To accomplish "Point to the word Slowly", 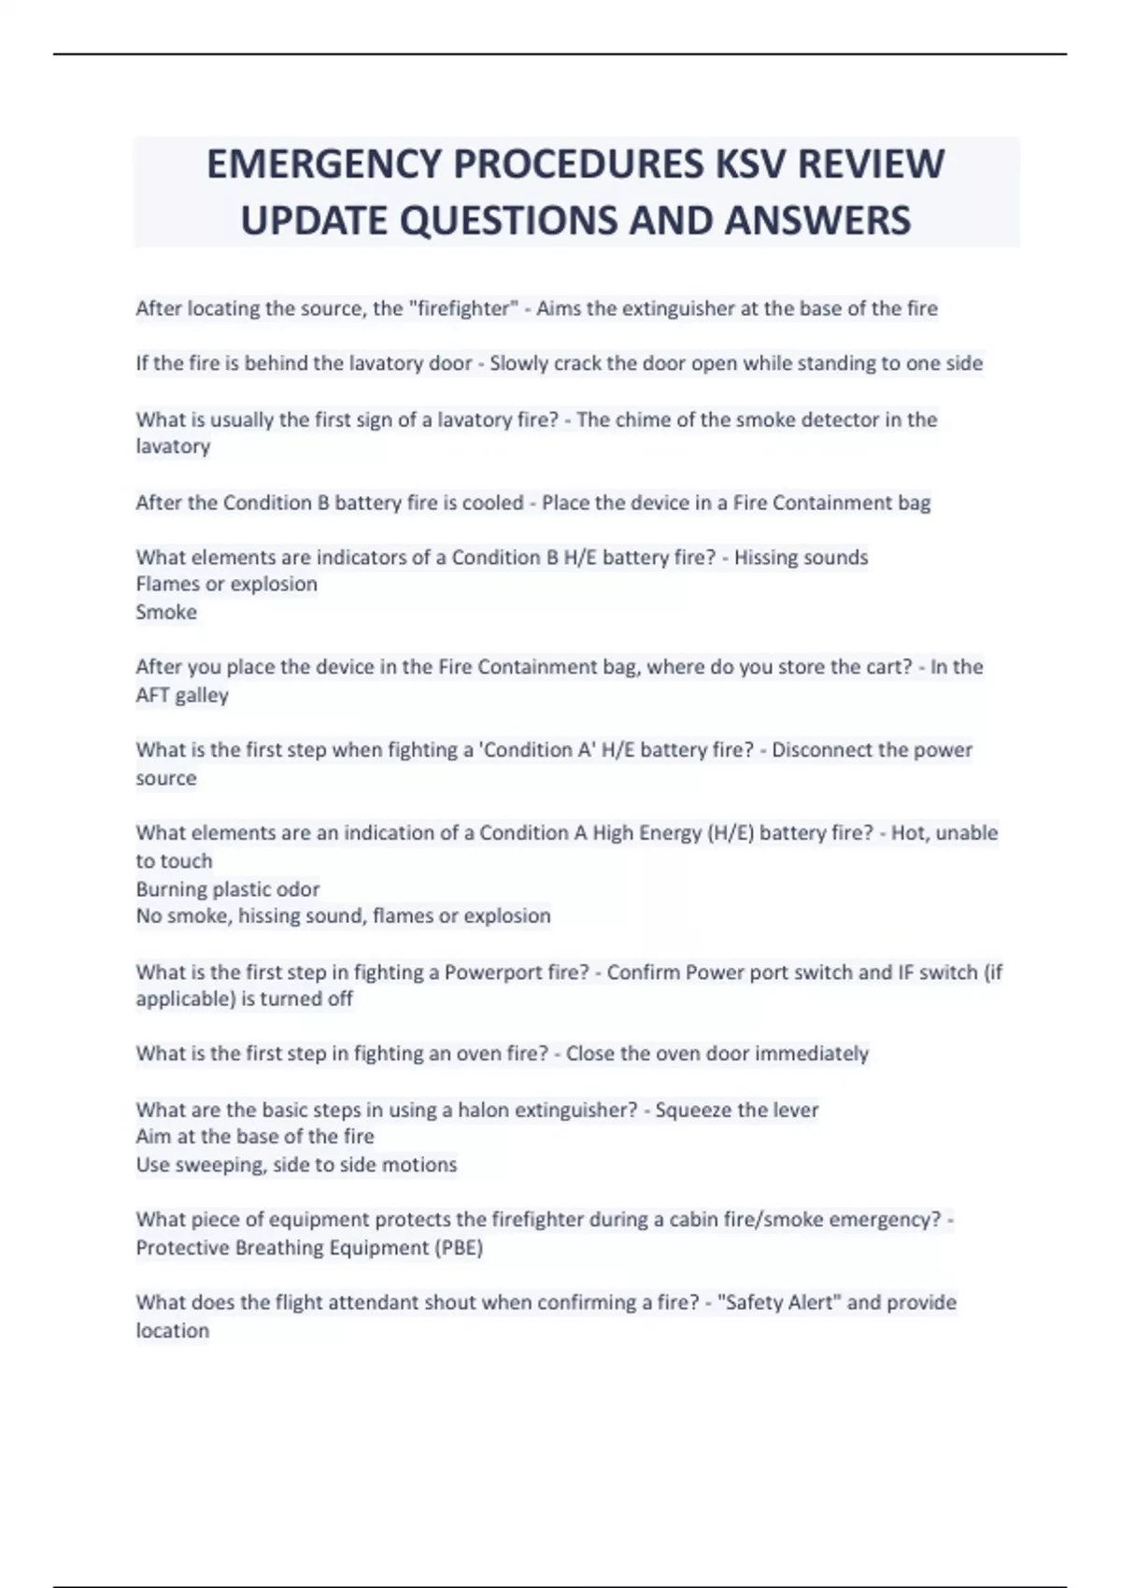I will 519,363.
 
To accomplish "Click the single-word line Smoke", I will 166,612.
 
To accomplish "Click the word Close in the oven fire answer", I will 589,1054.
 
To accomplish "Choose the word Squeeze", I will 693,1110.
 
